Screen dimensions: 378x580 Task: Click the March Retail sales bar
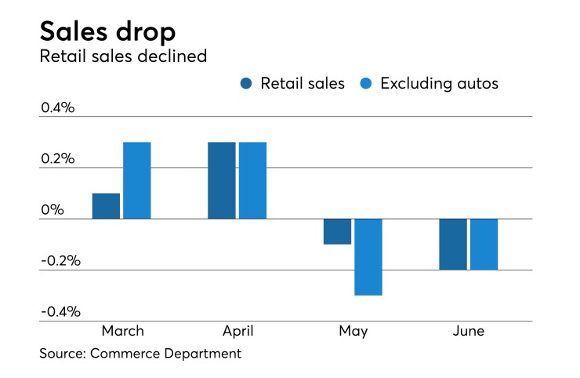click(x=106, y=205)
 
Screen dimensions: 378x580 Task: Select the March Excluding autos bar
click(x=137, y=180)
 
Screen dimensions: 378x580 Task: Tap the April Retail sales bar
click(x=221, y=180)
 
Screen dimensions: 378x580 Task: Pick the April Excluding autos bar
click(x=252, y=180)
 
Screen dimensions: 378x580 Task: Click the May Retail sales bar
click(x=337, y=231)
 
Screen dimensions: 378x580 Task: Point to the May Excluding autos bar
click(x=368, y=256)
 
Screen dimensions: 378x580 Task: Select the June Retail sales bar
click(x=452, y=244)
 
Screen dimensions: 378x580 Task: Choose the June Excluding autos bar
click(x=484, y=244)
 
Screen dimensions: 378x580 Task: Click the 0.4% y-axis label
click(x=57, y=107)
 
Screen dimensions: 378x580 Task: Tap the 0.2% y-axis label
click(x=57, y=158)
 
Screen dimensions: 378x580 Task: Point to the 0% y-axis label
click(x=52, y=209)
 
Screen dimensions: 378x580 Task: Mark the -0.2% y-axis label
click(x=60, y=260)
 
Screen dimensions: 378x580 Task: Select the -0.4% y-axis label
click(x=60, y=311)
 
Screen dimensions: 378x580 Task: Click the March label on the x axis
click(x=122, y=330)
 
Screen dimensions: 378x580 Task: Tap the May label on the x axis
click(x=353, y=331)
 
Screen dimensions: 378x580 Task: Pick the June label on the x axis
click(x=468, y=330)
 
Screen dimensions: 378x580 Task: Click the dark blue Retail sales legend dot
click(x=246, y=83)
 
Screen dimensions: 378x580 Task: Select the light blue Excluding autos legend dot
click(x=365, y=83)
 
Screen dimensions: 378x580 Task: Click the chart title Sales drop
click(x=107, y=31)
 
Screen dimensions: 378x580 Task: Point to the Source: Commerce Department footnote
click(x=140, y=354)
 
